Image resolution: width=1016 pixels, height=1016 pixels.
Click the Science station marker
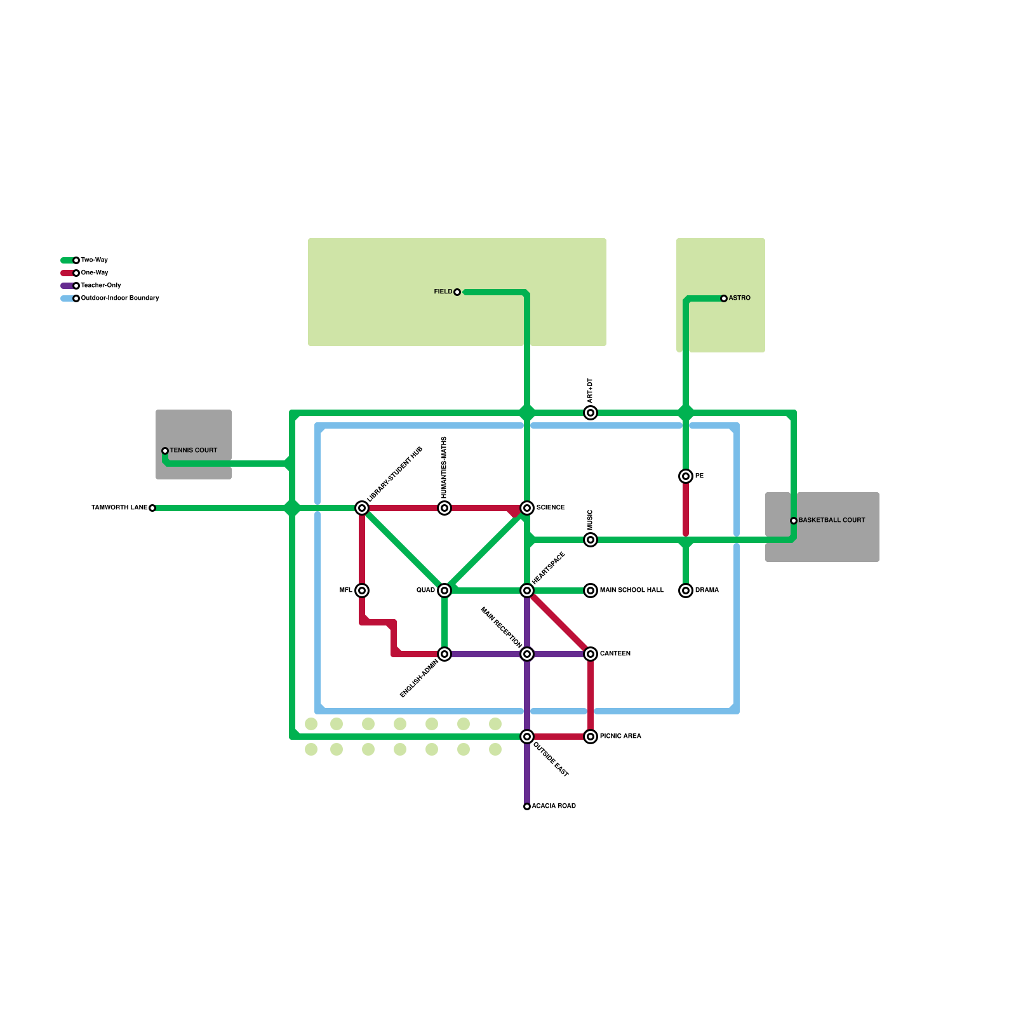527,508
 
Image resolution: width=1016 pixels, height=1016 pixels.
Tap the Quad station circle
444,591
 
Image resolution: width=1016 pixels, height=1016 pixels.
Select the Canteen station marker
591,654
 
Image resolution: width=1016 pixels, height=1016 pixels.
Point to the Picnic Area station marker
591,737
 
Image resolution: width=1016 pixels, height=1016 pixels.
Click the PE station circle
686,476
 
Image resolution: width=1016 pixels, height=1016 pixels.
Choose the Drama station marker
686,591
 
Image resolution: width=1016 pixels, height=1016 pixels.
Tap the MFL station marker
362,591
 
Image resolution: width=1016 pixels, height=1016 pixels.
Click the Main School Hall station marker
591,591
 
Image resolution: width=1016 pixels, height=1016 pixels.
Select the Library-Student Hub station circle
362,508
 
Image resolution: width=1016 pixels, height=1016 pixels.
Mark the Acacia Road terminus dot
527,806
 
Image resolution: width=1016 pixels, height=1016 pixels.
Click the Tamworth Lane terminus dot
152,508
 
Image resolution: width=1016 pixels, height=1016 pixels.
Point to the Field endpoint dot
457,292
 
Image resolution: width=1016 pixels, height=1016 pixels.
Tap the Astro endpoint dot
724,298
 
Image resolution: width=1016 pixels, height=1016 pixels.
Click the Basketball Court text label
831,520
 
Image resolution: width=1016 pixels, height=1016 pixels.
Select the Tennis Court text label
193,450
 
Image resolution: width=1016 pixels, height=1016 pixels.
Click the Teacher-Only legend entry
100,286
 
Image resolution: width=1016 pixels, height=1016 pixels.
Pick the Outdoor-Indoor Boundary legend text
119,298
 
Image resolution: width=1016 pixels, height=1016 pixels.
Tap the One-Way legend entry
94,273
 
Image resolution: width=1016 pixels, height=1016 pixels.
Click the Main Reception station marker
527,654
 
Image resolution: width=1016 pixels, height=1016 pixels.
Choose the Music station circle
591,540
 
